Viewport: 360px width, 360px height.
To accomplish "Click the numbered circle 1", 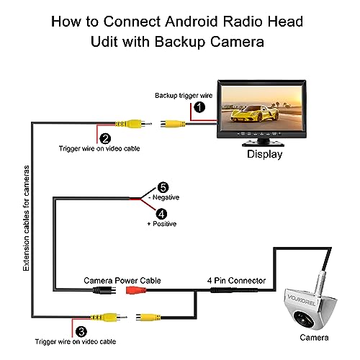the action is pyautogui.click(x=199, y=107).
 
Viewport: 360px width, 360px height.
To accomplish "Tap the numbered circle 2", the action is pyautogui.click(x=105, y=139).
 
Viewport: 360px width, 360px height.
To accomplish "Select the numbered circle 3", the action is pyautogui.click(x=81, y=332).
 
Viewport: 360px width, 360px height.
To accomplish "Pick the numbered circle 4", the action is pyautogui.click(x=161, y=214).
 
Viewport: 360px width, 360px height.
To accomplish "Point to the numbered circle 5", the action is pyautogui.click(x=163, y=187).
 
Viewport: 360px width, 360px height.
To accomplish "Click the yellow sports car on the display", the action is pyautogui.click(x=254, y=114).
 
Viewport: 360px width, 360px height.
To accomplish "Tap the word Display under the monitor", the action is pyautogui.click(x=265, y=154).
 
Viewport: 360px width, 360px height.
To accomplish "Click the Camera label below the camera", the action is pyautogui.click(x=314, y=338).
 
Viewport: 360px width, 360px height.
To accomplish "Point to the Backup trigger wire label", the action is pyautogui.click(x=184, y=96).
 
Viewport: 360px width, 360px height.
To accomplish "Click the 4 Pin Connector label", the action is pyautogui.click(x=236, y=280).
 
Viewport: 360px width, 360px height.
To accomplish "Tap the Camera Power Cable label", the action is pyautogui.click(x=122, y=280).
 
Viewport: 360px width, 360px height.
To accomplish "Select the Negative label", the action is pyautogui.click(x=164, y=197).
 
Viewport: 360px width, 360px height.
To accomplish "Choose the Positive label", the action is pyautogui.click(x=162, y=224).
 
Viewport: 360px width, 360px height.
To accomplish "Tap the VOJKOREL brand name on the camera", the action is pyautogui.click(x=302, y=300).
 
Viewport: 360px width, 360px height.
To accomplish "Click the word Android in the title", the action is pyautogui.click(x=192, y=22).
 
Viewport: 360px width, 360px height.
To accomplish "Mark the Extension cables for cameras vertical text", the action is pyautogui.click(x=26, y=218).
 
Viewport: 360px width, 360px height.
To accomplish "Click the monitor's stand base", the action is pyautogui.click(x=263, y=144).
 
